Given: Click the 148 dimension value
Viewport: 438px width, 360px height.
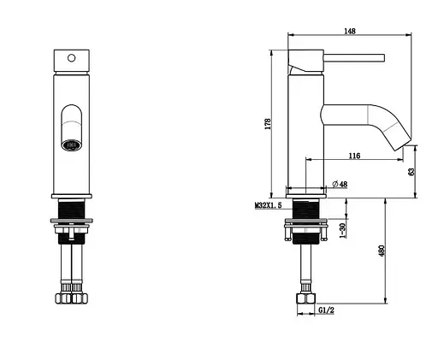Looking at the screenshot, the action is point(350,31).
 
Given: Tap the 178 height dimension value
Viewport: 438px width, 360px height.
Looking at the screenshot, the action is point(268,124).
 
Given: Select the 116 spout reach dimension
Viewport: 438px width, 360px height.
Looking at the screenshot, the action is point(354,156).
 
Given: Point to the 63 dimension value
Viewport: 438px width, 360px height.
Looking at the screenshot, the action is point(411,171).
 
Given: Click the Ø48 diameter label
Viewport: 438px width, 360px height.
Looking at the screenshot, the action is point(340,184).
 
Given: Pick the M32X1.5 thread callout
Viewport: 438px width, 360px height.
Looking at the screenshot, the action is point(268,205).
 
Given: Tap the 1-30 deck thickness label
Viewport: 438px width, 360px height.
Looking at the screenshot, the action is point(343,230).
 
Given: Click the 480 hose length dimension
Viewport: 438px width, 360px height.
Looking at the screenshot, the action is point(382,251).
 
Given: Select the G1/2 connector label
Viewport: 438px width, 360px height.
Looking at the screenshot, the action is point(326,310).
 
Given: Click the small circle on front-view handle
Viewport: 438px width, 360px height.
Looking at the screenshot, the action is point(71,58).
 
